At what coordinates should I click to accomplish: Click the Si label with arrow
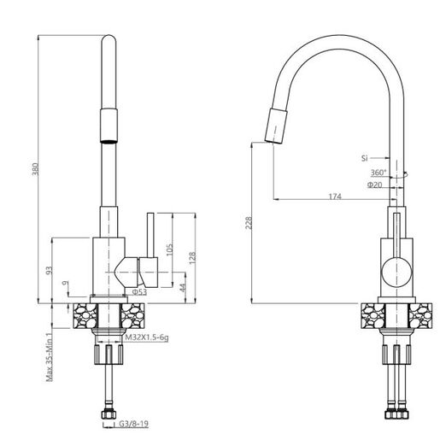click(x=364, y=158)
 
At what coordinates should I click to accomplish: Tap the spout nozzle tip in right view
click(x=270, y=128)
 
